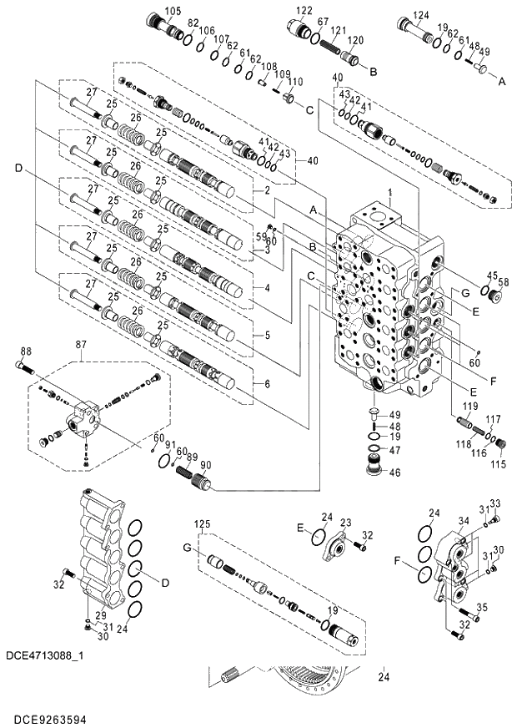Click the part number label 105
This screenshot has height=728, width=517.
point(172,11)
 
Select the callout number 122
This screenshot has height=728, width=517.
point(304,10)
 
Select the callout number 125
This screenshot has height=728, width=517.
point(200,523)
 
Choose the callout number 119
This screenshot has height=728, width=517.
point(471,407)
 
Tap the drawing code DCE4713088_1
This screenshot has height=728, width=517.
point(48,658)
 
